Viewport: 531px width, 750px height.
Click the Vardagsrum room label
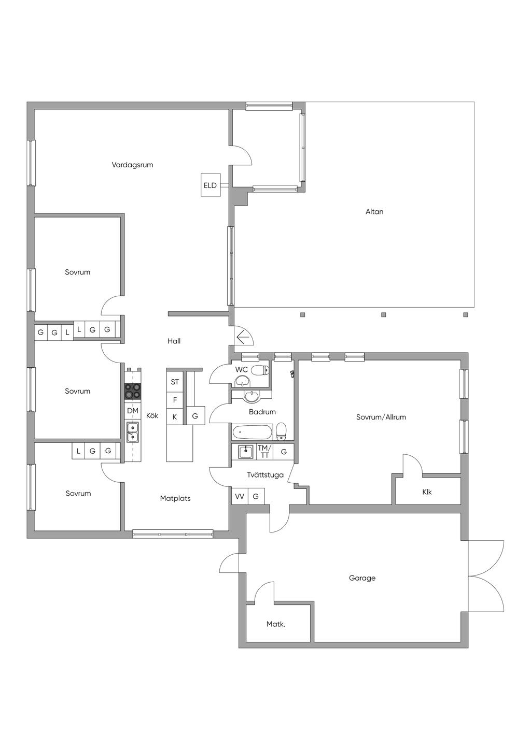[132, 165]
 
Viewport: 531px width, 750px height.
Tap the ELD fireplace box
[211, 185]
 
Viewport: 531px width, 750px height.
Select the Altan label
[374, 212]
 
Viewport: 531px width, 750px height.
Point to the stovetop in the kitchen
[133, 391]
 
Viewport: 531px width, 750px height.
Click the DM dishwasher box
[133, 411]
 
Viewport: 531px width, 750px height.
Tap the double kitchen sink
[133, 432]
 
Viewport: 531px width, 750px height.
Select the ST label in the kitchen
[175, 382]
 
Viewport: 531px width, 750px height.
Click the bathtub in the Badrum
[253, 432]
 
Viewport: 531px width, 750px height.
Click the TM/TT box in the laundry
[265, 452]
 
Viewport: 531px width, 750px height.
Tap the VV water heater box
[240, 497]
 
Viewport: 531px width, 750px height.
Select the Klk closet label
[427, 492]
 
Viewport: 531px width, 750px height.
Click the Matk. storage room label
[276, 624]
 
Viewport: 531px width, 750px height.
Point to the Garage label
[362, 578]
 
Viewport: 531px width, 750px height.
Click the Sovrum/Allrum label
[381, 417]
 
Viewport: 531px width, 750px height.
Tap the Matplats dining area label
[175, 498]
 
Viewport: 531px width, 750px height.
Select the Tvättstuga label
[265, 475]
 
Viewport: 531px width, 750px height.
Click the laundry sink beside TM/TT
[246, 452]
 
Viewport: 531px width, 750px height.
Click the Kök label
[152, 415]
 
